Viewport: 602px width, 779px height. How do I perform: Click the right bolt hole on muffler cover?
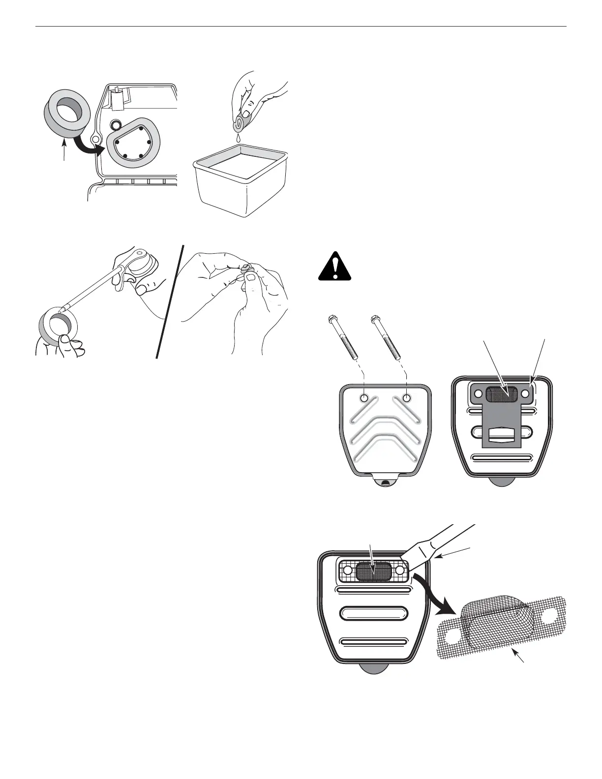click(407, 397)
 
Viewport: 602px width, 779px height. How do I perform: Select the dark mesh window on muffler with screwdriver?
click(373, 570)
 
